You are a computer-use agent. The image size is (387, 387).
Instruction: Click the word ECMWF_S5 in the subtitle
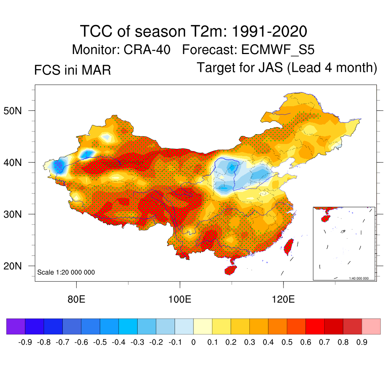[278, 50]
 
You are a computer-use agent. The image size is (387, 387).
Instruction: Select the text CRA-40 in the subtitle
[147, 50]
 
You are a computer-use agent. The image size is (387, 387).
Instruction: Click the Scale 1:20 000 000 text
[66, 272]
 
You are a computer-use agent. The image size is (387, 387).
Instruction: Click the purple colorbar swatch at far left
[16, 326]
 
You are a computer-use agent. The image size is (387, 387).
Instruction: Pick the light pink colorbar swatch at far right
[371, 326]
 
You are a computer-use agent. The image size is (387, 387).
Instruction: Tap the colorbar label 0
[193, 342]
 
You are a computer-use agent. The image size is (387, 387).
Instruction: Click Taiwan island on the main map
[289, 246]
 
